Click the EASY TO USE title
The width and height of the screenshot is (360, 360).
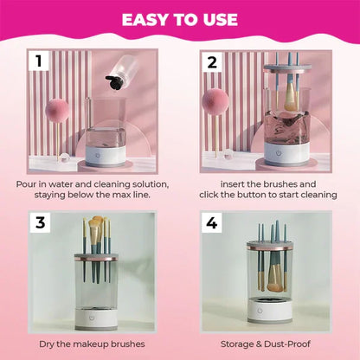coord(180,18)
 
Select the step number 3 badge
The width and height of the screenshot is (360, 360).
coord(38,222)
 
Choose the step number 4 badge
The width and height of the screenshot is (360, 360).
coord(211,222)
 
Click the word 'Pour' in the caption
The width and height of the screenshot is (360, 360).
coord(27,184)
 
